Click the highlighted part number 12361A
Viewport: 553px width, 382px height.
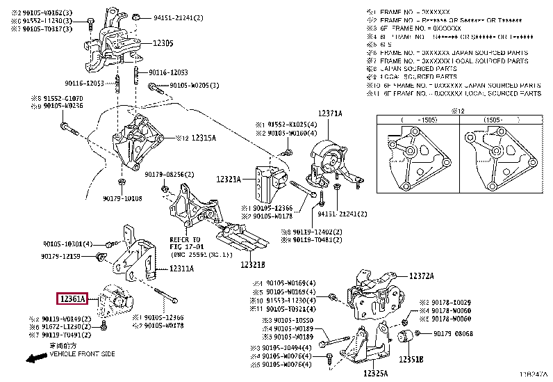(71, 300)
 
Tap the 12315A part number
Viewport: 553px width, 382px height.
(203, 138)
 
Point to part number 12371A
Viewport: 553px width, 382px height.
(330, 113)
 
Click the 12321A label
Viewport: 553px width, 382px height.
(228, 180)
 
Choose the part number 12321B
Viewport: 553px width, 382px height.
(253, 264)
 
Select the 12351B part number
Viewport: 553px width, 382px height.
(411, 360)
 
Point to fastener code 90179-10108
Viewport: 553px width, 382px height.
(122, 198)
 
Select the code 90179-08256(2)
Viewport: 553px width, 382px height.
(170, 175)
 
